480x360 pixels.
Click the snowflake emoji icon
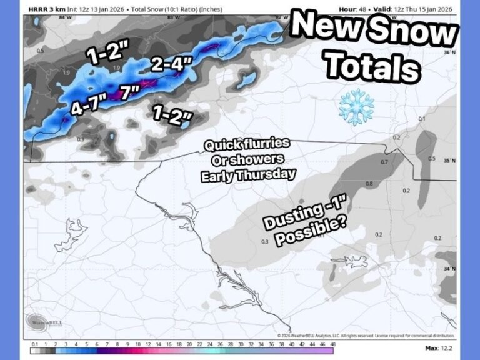356,107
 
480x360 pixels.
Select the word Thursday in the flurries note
270,174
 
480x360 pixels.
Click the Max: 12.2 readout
441,347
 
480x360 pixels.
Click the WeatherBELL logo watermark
44,322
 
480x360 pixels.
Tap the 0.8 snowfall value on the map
369,184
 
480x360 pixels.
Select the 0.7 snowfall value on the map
384,162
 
